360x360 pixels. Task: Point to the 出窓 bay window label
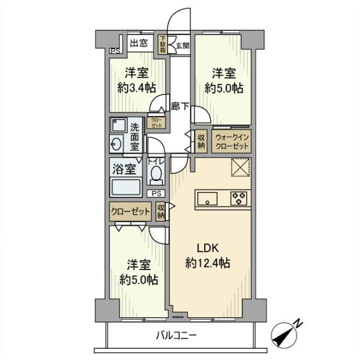point(139,43)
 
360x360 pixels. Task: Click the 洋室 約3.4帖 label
point(137,80)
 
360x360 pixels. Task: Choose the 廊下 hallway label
point(179,106)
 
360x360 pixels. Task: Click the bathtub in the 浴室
point(126,187)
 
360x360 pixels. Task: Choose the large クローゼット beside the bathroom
point(130,212)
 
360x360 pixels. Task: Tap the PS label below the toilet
point(156,193)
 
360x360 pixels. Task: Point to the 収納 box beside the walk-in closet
point(201,141)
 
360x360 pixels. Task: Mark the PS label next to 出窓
point(115,51)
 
